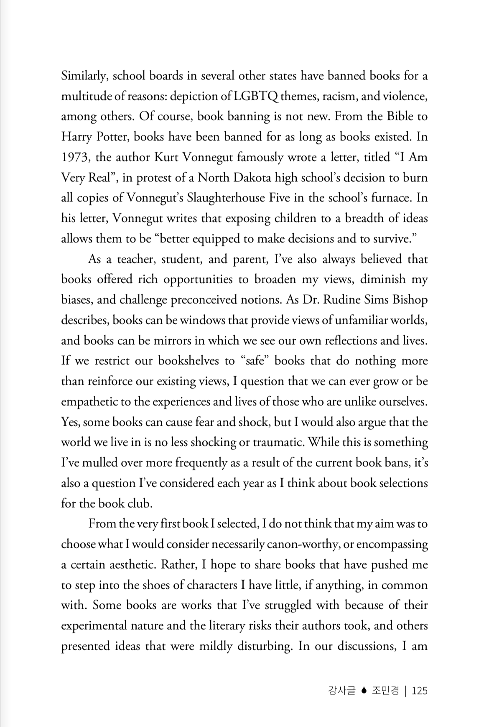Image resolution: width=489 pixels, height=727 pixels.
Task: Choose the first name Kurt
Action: (167, 158)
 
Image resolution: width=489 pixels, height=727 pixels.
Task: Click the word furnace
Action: (387, 198)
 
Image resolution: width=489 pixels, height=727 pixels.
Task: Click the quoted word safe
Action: (255, 361)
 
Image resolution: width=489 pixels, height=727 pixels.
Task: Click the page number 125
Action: (420, 691)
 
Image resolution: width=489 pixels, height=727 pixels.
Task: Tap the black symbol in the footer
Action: (364, 691)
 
